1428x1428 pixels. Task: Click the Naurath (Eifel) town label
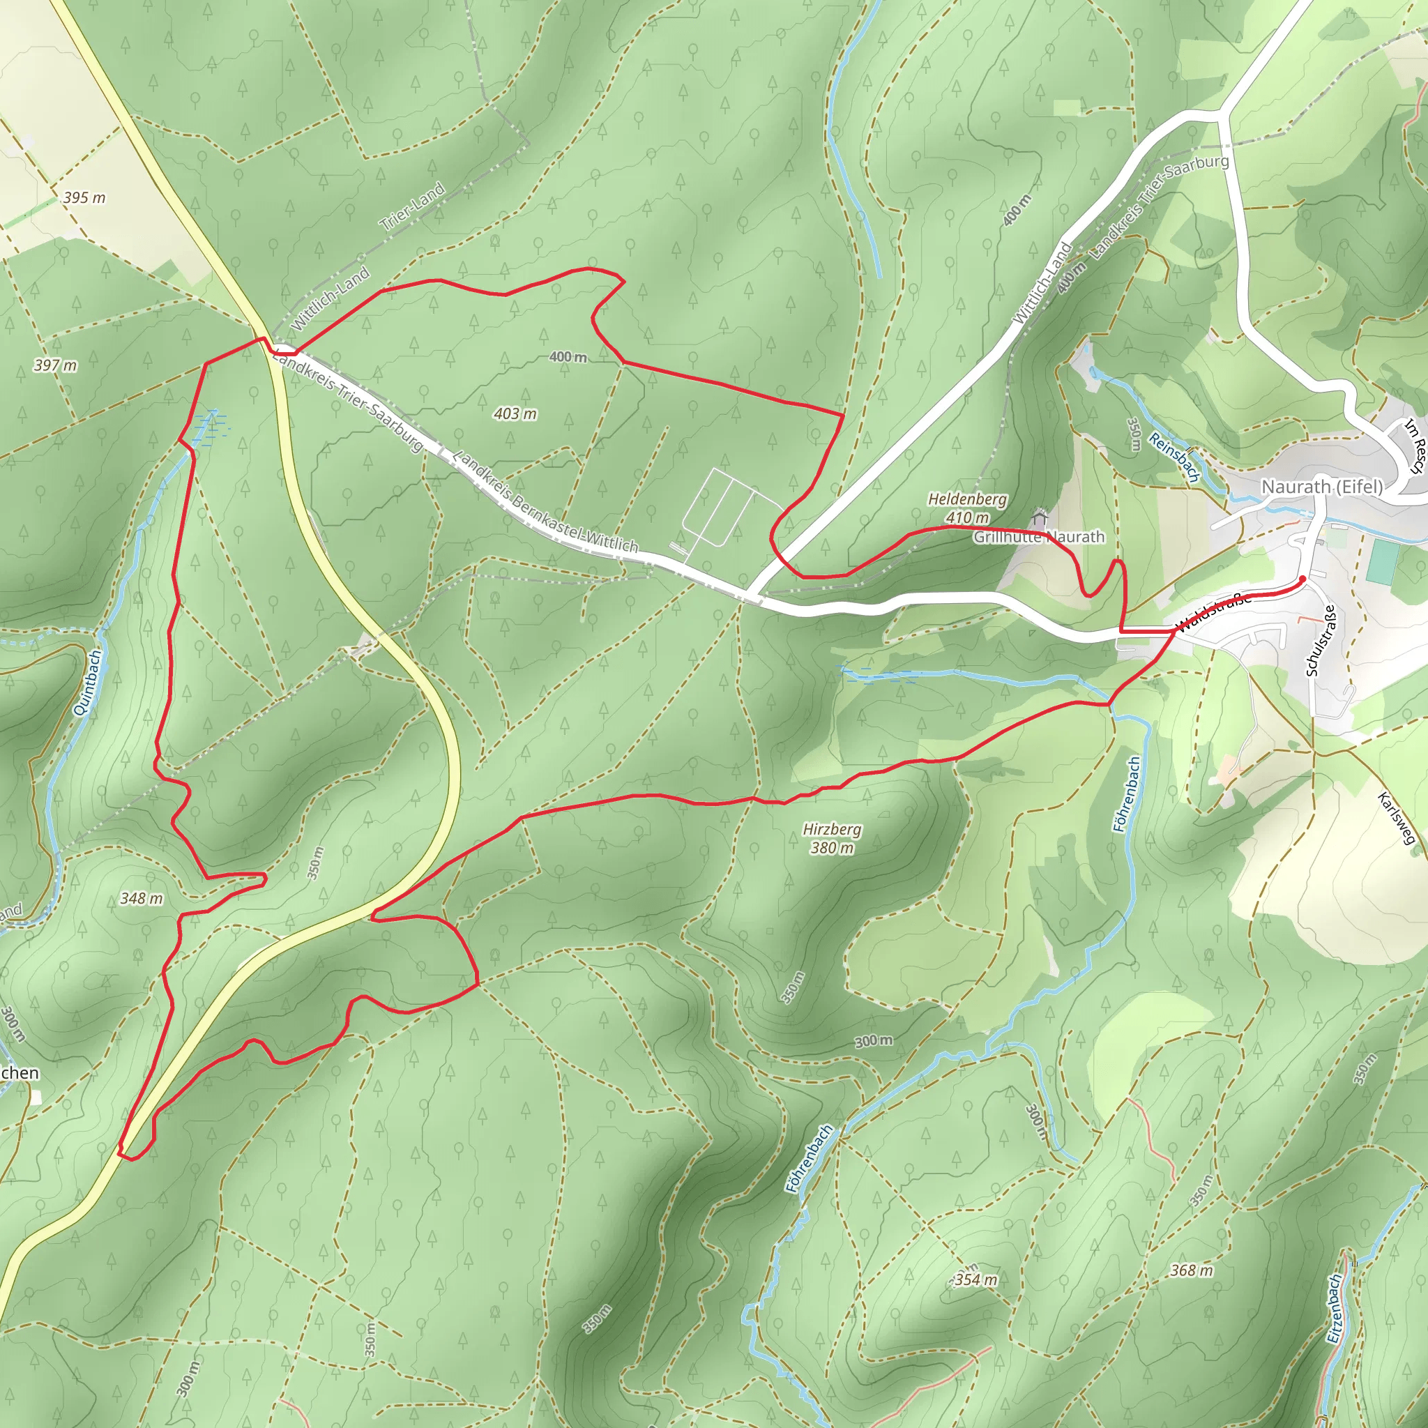click(1321, 487)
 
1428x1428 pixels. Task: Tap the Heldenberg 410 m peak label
click(968, 508)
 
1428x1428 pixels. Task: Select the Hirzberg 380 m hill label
click(833, 839)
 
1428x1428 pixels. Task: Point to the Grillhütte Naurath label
click(1038, 537)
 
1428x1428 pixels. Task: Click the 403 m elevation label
click(515, 414)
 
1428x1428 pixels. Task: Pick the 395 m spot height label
click(84, 198)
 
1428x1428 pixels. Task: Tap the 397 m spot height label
click(56, 365)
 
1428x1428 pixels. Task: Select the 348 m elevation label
click(141, 899)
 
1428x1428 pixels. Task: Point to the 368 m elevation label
click(1192, 1270)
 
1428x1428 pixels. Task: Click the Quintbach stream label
click(87, 683)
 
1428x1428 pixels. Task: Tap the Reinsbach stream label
click(1173, 457)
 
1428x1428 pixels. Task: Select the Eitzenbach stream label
click(1334, 1308)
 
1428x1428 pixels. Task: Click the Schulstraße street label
click(1321, 641)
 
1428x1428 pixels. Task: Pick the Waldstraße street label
click(1214, 613)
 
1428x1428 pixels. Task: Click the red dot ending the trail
click(1302, 579)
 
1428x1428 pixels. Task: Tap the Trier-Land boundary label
click(413, 206)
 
